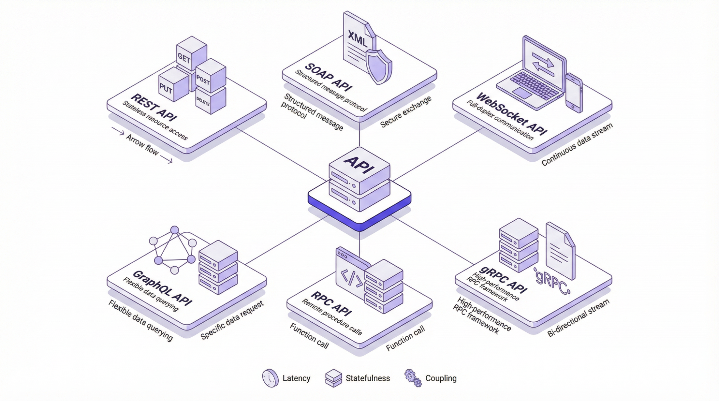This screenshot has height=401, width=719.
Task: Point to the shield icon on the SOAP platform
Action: pos(378,66)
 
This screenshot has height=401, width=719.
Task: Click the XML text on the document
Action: pos(357,38)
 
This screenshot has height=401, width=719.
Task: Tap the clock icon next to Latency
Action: pos(270,378)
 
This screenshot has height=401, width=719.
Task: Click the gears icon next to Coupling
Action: pos(413,378)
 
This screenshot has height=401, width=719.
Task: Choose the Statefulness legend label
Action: pos(368,378)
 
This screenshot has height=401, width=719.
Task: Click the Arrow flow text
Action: pos(142,144)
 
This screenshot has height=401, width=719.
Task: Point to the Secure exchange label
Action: pos(405,112)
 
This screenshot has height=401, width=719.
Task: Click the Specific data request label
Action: pos(232,320)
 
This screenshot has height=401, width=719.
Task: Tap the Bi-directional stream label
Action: pos(578,318)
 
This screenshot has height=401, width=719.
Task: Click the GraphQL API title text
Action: pos(162,287)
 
